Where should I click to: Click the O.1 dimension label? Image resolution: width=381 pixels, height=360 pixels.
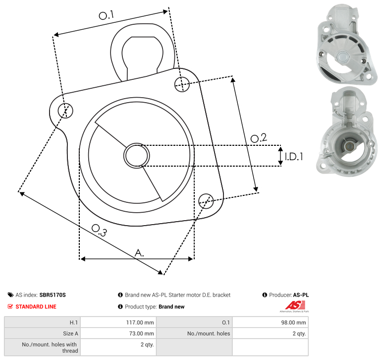click(x=107, y=15)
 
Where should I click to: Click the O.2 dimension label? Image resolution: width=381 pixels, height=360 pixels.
click(x=259, y=138)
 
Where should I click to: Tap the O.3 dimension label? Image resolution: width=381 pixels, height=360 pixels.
click(x=99, y=230)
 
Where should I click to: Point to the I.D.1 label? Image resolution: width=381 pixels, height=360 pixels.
click(x=294, y=157)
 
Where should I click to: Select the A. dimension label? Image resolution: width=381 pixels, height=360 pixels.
click(x=139, y=253)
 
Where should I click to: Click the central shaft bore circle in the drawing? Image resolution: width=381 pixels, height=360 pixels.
click(x=137, y=156)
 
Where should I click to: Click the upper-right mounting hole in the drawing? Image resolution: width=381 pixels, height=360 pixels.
click(x=182, y=84)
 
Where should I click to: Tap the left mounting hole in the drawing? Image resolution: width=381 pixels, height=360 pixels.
click(x=65, y=111)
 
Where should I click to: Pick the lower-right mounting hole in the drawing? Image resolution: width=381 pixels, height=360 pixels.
click(x=206, y=201)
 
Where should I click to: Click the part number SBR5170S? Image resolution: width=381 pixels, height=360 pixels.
click(x=53, y=295)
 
